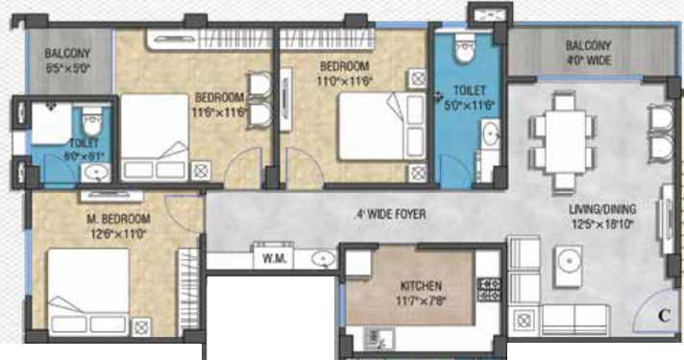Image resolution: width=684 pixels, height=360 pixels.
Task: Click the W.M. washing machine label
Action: click(269, 256)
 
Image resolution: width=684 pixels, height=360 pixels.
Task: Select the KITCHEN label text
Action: click(422, 286)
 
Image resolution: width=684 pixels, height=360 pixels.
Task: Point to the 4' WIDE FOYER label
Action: click(391, 214)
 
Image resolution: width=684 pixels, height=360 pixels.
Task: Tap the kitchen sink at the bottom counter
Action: click(376, 336)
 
